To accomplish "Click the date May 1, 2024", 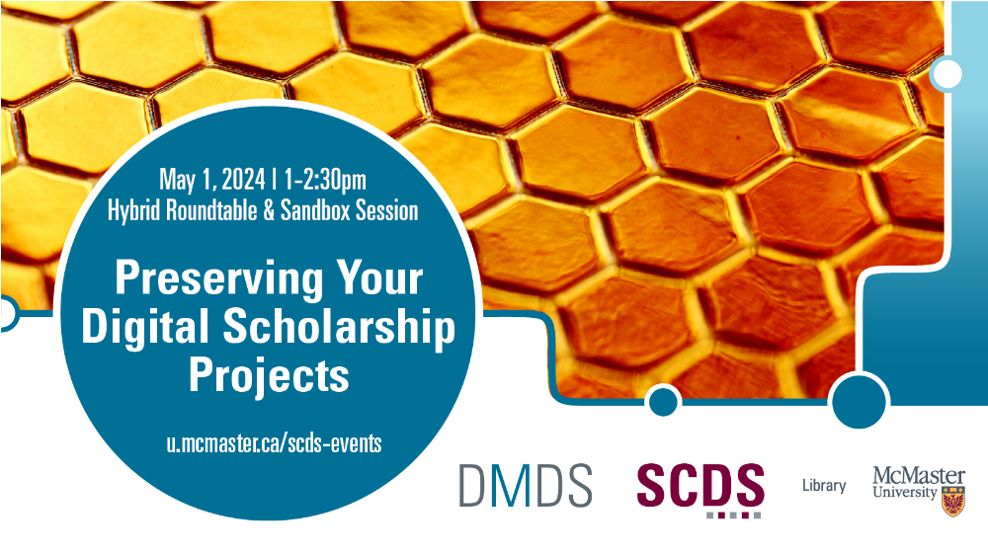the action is click(x=212, y=180).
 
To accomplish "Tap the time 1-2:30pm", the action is click(x=325, y=180).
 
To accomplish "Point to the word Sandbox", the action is click(x=315, y=210).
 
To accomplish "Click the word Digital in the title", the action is click(x=145, y=329).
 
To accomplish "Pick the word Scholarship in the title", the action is click(x=339, y=328).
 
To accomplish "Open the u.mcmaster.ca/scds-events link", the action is click(x=274, y=443).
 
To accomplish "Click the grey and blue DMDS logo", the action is click(x=526, y=485).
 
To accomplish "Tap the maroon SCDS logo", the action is click(x=700, y=489).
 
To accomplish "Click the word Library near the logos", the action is click(x=824, y=485).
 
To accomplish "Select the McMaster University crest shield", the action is click(x=953, y=502).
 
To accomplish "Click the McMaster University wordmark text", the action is click(x=919, y=483).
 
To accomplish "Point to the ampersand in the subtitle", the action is click(x=269, y=210).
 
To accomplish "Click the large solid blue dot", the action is click(x=860, y=401).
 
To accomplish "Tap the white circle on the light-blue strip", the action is click(x=946, y=74).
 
